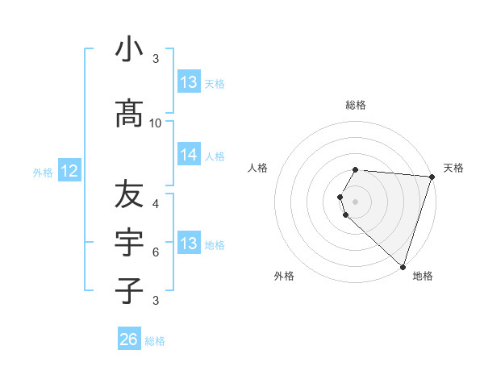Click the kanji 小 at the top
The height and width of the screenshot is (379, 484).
(129, 49)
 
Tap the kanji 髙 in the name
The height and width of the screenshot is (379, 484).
(129, 114)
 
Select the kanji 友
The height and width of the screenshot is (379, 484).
(129, 194)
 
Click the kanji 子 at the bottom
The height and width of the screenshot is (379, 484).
(129, 290)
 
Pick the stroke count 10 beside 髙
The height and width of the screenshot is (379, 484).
(156, 123)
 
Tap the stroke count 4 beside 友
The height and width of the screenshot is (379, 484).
(156, 203)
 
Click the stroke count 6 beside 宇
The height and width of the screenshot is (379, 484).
(156, 252)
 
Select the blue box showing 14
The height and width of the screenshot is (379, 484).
(189, 156)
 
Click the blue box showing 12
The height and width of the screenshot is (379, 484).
(69, 171)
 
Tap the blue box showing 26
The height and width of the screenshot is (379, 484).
(129, 339)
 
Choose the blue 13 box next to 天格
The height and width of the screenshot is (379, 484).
(189, 82)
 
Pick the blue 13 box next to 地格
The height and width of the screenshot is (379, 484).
(189, 244)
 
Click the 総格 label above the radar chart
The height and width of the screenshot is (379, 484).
(356, 105)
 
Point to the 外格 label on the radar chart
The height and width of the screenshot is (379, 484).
(284, 276)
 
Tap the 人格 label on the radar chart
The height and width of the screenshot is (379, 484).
(258, 168)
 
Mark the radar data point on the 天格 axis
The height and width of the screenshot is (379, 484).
(432, 177)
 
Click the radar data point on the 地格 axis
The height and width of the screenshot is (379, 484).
(403, 266)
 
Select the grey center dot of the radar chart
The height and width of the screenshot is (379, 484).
(356, 199)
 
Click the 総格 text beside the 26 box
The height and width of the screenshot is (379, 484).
(155, 341)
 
